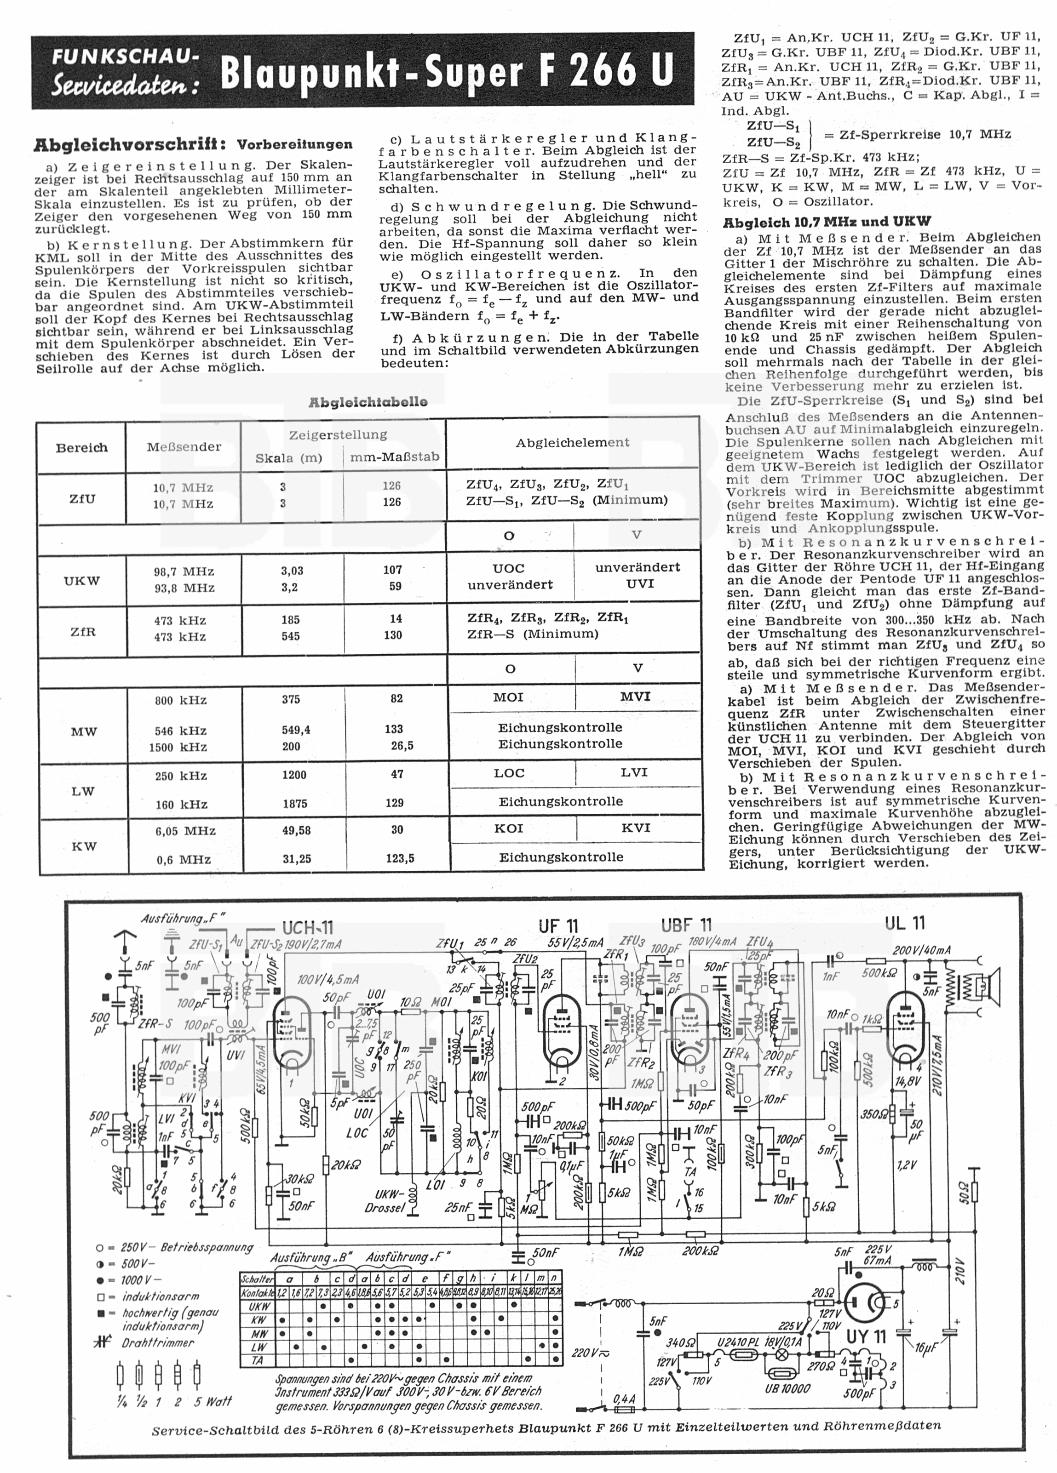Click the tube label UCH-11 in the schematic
pos(308,928)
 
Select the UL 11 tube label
pos(905,923)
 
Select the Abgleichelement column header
pos(572,442)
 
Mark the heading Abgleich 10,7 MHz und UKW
pos(827,222)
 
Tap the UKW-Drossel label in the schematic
pos(389,1201)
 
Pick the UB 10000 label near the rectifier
pos(787,1387)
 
